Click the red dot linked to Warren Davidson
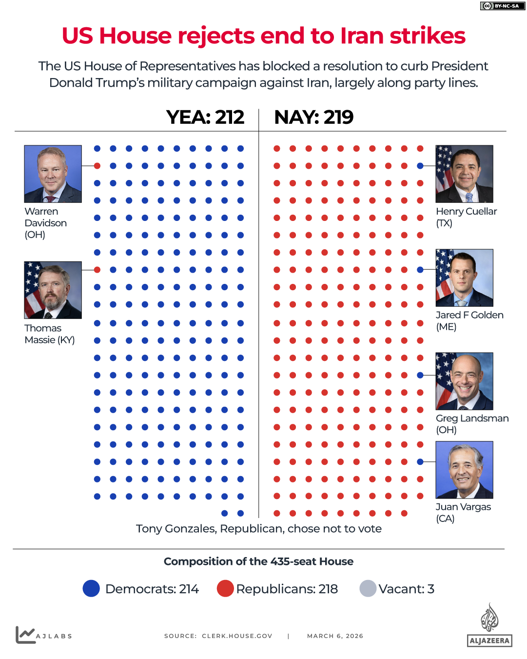pyautogui.click(x=97, y=166)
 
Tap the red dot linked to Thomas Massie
pyautogui.click(x=97, y=270)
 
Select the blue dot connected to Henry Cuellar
pyautogui.click(x=420, y=166)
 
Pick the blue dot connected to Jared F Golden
pyautogui.click(x=420, y=270)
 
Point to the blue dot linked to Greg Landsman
pyautogui.click(x=420, y=375)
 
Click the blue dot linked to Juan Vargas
pyautogui.click(x=420, y=461)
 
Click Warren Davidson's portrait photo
pyautogui.click(x=53, y=174)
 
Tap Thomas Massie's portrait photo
pyautogui.click(x=53, y=290)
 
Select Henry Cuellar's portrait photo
pyautogui.click(x=464, y=174)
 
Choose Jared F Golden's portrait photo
pyautogui.click(x=464, y=278)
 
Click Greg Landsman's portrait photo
pyautogui.click(x=464, y=381)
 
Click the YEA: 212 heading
pyautogui.click(x=205, y=118)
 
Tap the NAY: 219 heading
pyautogui.click(x=313, y=118)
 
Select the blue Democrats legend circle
pyautogui.click(x=91, y=589)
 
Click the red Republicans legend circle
pyautogui.click(x=225, y=589)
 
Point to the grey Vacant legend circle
pyautogui.click(x=368, y=589)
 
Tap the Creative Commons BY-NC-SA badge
pyautogui.click(x=502, y=6)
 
